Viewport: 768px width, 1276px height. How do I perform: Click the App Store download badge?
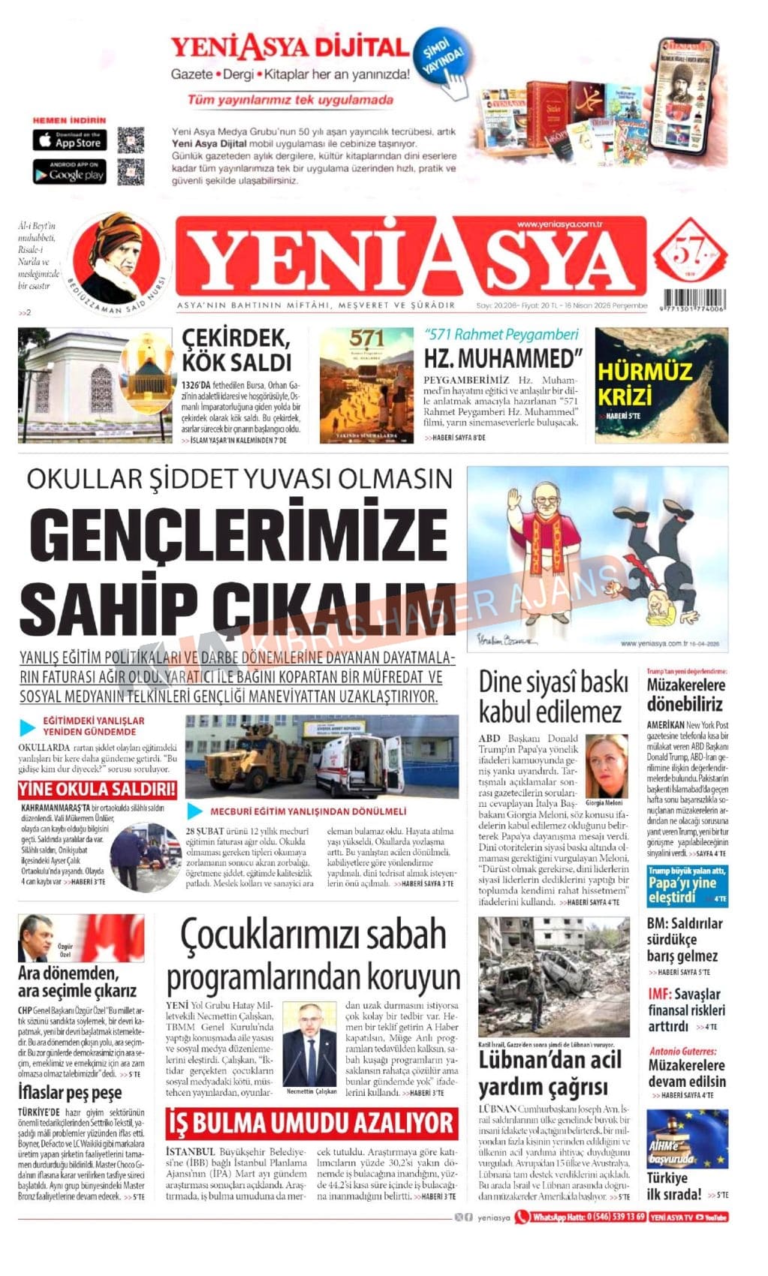(x=69, y=140)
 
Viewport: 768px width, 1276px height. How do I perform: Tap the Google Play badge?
(x=69, y=173)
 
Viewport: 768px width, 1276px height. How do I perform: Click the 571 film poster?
(x=366, y=384)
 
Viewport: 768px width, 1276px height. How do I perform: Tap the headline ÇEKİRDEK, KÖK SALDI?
(x=236, y=349)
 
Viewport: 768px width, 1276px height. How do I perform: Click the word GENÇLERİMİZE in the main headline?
(x=233, y=531)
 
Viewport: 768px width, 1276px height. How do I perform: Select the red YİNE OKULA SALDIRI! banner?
(x=98, y=789)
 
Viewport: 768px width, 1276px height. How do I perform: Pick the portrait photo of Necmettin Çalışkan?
(x=310, y=1045)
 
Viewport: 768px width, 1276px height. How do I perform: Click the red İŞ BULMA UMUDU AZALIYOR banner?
(x=311, y=1123)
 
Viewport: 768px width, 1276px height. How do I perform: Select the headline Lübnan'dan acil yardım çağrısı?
(x=550, y=1073)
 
